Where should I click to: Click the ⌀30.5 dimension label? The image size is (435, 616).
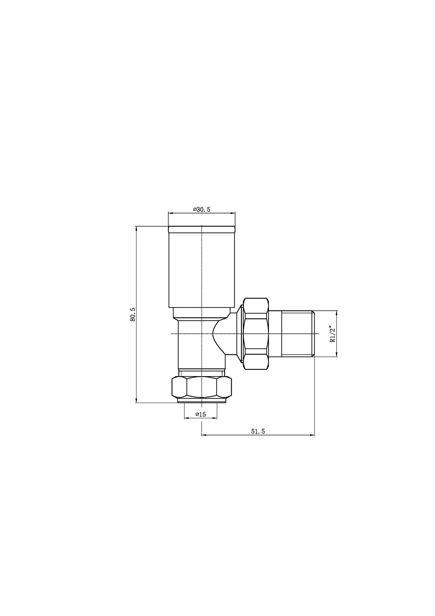coord(201,210)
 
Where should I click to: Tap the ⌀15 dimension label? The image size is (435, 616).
coord(200,414)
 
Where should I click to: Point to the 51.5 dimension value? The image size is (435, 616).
coord(258,432)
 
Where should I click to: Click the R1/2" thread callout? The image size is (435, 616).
coord(332,334)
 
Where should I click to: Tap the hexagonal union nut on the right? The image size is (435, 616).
coord(256,334)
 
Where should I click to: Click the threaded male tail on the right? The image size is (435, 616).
coord(297,334)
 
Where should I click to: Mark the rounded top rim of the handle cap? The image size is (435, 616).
coord(201,229)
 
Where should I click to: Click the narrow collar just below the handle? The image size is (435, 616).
coord(201,313)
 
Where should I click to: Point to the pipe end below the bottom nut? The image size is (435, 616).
coord(201,401)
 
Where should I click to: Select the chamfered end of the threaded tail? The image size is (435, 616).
coord(313,334)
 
